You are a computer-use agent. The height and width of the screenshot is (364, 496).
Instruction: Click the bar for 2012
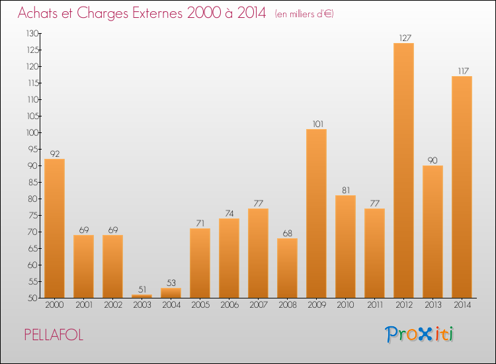403,170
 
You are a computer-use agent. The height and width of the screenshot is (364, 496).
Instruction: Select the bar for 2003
142,296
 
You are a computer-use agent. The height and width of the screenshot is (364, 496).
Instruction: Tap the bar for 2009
316,213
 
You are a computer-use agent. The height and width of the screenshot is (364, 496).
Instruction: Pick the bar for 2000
54,228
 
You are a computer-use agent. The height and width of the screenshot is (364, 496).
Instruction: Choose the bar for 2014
462,187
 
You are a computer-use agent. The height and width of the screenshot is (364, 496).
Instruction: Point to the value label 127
405,38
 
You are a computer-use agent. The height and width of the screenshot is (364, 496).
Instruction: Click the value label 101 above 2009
318,124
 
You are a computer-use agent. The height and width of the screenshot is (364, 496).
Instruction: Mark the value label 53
171,283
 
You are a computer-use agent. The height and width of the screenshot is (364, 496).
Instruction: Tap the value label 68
287,234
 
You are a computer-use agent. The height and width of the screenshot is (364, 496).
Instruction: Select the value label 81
346,190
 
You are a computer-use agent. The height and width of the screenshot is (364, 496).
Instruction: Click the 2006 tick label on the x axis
229,305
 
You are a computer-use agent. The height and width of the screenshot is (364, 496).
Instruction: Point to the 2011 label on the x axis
375,305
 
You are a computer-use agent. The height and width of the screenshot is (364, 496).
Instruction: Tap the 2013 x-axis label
433,305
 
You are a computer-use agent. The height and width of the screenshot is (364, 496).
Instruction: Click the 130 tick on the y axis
32,34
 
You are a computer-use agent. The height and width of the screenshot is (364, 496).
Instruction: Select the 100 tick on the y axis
32,133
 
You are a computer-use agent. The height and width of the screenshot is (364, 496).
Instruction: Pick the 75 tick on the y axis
34,216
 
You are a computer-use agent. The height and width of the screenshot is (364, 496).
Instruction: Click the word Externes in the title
157,13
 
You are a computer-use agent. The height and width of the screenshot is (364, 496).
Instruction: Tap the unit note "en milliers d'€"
304,14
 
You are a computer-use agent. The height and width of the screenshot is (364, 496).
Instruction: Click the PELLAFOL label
54,335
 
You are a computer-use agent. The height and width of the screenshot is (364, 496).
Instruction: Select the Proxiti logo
419,334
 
